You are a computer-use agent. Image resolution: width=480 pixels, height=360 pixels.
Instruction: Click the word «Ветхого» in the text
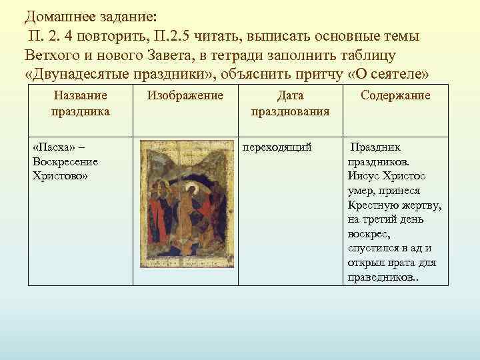coord(51,53)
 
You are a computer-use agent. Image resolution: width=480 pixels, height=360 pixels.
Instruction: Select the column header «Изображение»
coord(185,96)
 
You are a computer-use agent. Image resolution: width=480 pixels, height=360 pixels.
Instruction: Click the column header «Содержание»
coord(395,96)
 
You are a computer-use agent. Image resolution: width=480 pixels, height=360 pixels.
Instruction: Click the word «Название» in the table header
coord(80,96)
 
